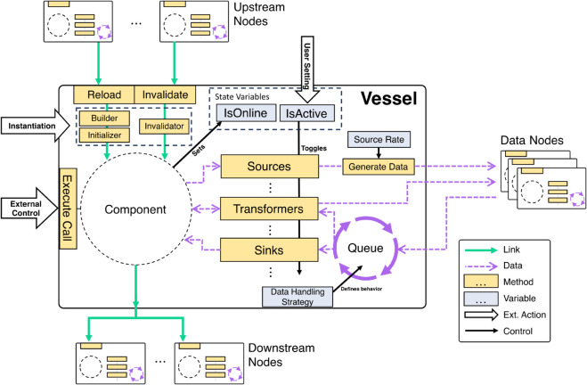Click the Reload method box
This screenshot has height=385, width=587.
103,94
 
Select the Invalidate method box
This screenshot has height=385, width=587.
165,94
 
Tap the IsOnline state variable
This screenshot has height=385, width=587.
246,112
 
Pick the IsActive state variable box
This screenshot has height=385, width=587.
307,113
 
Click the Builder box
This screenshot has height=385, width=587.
104,119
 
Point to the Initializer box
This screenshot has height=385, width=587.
104,135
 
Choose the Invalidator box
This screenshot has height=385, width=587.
164,127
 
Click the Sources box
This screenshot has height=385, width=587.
270,167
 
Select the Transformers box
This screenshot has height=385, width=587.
269,209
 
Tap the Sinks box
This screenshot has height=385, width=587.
269,250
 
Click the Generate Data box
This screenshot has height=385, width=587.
379,167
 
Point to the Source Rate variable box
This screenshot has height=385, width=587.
379,139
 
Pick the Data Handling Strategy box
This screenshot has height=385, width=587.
298,297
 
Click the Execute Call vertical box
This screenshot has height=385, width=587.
68,209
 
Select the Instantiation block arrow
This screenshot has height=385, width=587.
36,126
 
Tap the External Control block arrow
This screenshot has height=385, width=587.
29,209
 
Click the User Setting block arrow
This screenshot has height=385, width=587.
307,70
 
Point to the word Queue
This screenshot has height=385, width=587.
365,248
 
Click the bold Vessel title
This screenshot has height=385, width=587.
388,99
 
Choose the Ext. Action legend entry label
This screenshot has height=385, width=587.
525,315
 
